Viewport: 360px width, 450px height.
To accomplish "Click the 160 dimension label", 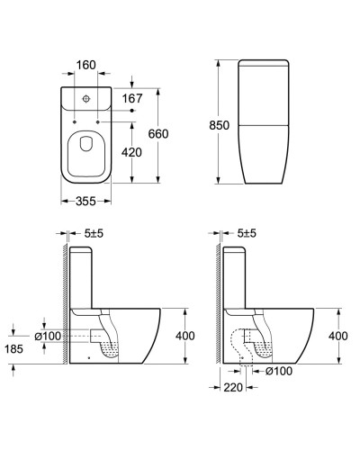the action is pos(86,65).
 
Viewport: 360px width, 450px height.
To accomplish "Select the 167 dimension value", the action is pos(132,98).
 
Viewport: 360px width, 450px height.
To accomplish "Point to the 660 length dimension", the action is pos(158,134).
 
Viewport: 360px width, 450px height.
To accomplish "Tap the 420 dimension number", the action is pos(131,152).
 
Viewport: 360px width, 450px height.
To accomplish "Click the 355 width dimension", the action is pos(85,202).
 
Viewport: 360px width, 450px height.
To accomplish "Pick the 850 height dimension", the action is pos(220,125).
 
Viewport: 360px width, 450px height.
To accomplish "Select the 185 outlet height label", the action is pos(14,349).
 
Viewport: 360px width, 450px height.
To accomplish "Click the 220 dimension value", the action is pos(233,387).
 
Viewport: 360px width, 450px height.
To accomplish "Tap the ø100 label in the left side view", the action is pos(48,336).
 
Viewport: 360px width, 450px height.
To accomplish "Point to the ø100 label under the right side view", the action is pos(279,371).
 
